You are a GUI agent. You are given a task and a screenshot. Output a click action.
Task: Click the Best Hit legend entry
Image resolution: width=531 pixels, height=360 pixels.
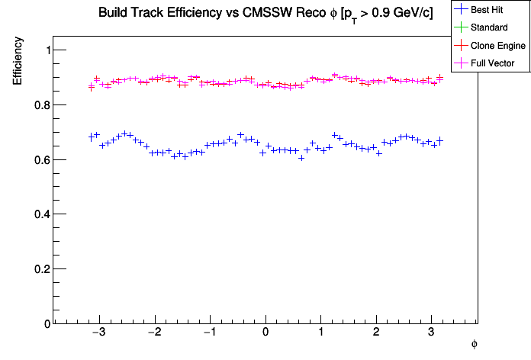[490, 10]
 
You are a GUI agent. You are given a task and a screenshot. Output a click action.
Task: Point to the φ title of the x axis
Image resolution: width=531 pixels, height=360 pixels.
[474, 345]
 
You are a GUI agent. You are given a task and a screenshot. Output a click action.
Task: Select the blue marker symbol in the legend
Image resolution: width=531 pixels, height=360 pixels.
[462, 10]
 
